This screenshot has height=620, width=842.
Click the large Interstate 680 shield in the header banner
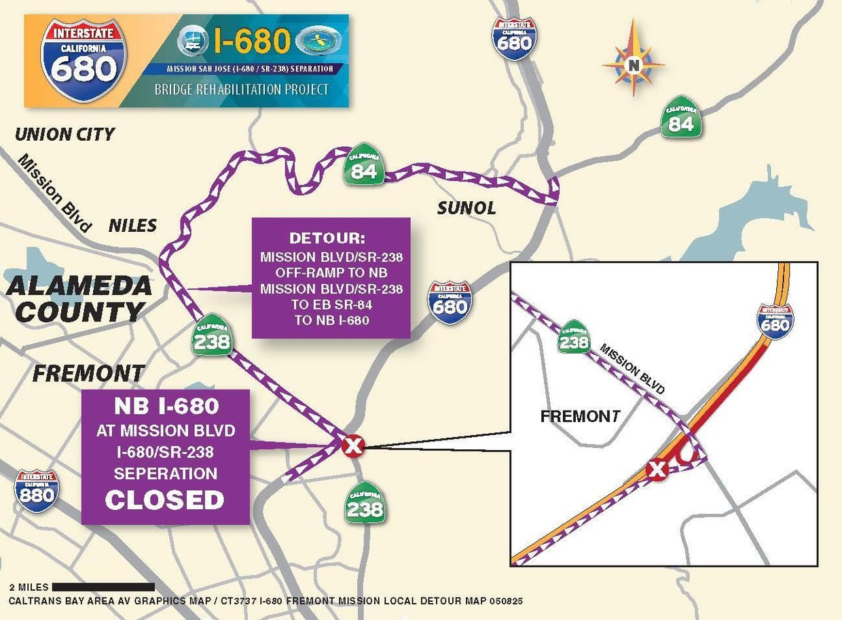[84, 60]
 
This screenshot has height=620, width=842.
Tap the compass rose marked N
[634, 65]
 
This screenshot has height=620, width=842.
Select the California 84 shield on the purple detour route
[364, 166]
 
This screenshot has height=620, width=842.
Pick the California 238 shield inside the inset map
[574, 337]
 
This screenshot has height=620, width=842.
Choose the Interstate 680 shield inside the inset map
[775, 322]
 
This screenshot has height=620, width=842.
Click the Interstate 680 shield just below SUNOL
[450, 302]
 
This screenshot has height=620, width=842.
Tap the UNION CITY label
[65, 134]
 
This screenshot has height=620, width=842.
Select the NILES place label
[132, 225]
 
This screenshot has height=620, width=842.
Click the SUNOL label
[466, 208]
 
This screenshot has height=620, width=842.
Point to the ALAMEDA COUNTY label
[79, 299]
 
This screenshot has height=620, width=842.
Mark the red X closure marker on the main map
[353, 446]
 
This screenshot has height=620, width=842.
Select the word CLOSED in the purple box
[164, 500]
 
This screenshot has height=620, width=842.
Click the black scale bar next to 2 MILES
[103, 586]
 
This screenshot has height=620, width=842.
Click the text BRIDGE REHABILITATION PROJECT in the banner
[242, 89]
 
